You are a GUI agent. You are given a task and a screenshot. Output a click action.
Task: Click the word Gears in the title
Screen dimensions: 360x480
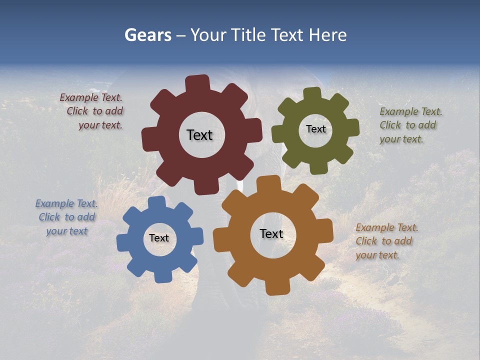click(147, 35)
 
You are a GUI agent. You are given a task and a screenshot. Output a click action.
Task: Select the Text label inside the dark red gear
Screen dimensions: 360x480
click(199, 135)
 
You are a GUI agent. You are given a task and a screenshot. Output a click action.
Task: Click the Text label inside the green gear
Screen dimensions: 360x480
click(315, 129)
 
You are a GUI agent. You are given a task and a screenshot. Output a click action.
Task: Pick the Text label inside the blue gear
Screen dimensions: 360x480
click(159, 238)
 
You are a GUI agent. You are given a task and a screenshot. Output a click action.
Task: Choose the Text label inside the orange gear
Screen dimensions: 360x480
click(271, 234)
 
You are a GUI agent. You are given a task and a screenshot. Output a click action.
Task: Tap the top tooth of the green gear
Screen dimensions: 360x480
click(312, 93)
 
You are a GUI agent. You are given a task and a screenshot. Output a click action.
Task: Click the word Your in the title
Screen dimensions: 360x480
click(207, 35)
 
